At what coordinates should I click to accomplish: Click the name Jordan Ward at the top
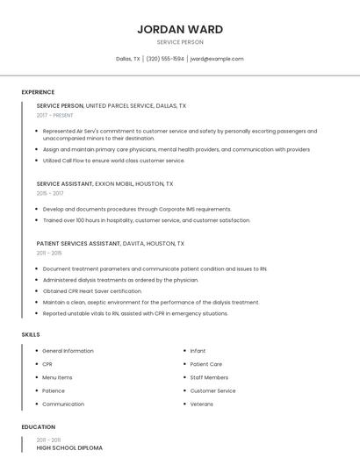(179, 29)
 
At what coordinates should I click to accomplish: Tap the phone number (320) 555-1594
(164, 59)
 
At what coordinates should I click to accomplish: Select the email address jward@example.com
(217, 59)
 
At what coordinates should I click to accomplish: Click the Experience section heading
(38, 92)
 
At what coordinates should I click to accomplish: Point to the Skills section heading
(31, 334)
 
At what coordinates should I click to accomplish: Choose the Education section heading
(38, 427)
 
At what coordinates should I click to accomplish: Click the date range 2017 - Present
(54, 115)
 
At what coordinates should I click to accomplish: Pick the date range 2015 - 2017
(50, 193)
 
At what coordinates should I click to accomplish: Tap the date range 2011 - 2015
(49, 253)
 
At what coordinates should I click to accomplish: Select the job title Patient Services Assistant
(79, 243)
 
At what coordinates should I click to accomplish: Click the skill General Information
(68, 351)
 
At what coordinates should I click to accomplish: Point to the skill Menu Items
(57, 377)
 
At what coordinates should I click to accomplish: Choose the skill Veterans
(201, 404)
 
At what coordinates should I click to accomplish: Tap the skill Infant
(198, 351)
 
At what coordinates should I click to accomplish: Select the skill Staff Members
(209, 377)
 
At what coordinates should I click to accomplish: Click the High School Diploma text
(69, 448)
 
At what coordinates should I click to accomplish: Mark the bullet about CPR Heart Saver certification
(92, 291)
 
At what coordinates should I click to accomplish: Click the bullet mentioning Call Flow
(113, 161)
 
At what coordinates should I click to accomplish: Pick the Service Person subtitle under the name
(179, 42)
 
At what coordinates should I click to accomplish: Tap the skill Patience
(54, 390)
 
